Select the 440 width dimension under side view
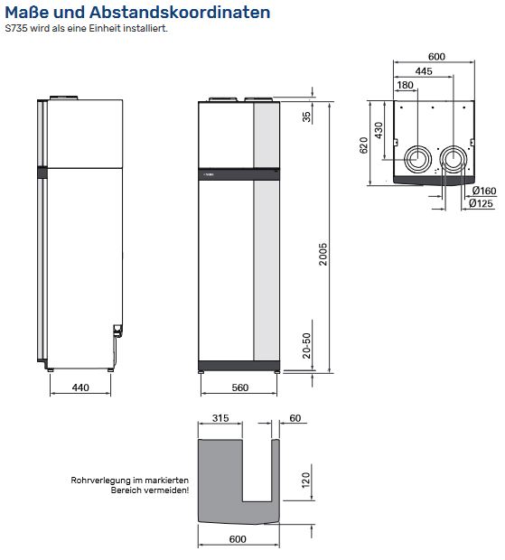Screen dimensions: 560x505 click(x=79, y=387)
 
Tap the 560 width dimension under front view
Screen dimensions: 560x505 click(x=238, y=387)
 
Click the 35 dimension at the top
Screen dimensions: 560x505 click(x=307, y=117)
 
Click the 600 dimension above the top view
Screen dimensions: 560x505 click(x=436, y=56)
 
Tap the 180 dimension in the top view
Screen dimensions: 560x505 click(x=406, y=85)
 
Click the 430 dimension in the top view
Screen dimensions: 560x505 click(x=379, y=129)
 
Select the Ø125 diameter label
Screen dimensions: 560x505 click(x=481, y=204)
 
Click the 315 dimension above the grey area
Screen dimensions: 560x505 click(x=220, y=419)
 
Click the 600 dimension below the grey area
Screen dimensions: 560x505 click(x=238, y=540)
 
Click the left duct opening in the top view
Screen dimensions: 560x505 click(x=418, y=160)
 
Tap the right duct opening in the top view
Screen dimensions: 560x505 click(x=453, y=161)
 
